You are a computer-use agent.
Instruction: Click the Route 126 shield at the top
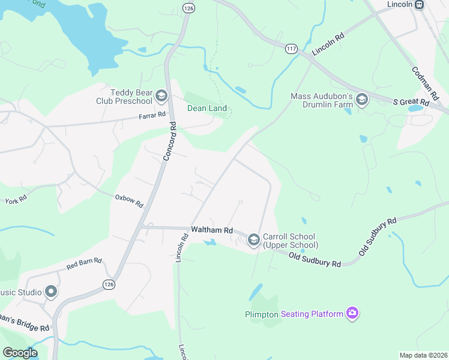(x=189, y=8)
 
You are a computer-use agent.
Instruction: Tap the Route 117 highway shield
(x=292, y=48)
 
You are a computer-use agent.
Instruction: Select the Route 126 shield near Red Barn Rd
(x=108, y=284)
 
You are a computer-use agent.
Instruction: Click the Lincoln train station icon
(x=419, y=4)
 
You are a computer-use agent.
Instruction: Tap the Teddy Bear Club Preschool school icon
(x=160, y=96)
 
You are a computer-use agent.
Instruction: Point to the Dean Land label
(x=207, y=109)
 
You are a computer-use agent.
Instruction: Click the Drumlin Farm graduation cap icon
(x=361, y=100)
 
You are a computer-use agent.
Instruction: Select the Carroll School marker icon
(x=253, y=240)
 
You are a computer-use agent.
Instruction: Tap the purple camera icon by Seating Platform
(x=352, y=313)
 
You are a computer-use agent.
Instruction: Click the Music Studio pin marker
(x=51, y=292)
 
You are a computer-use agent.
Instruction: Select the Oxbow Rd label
(x=129, y=200)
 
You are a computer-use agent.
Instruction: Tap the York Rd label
(x=15, y=199)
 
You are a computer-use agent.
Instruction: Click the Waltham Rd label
(x=211, y=230)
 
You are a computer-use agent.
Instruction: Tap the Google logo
(x=20, y=353)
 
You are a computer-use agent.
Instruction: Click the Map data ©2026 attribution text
(x=423, y=355)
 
